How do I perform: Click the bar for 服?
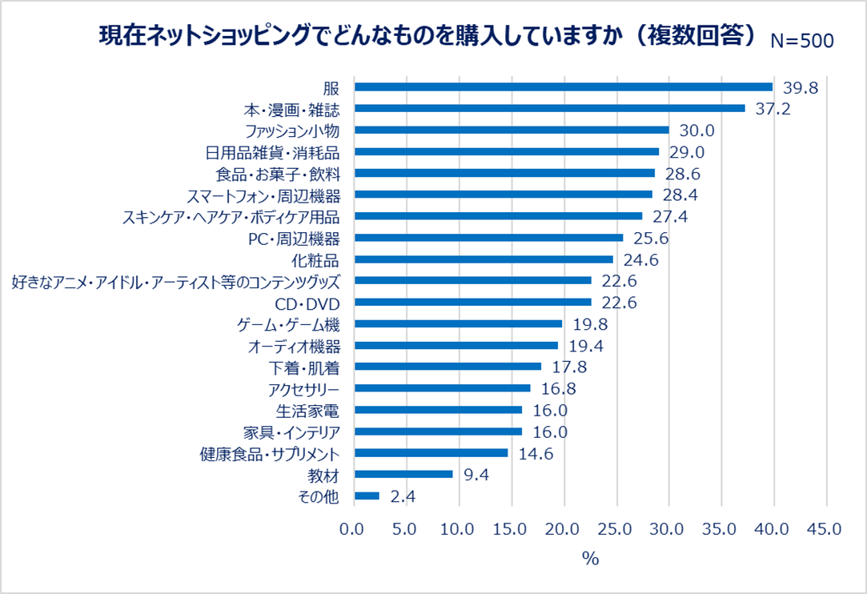(x=563, y=87)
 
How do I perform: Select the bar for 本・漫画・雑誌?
(x=549, y=108)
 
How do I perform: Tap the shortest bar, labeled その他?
(x=367, y=496)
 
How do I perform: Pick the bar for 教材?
(x=403, y=474)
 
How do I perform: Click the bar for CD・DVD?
(x=472, y=302)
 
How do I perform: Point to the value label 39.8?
(x=801, y=87)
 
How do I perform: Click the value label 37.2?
(x=773, y=109)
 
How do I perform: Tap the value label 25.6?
(x=651, y=238)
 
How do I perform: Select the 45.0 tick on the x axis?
(x=825, y=529)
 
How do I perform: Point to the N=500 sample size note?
(x=801, y=42)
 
